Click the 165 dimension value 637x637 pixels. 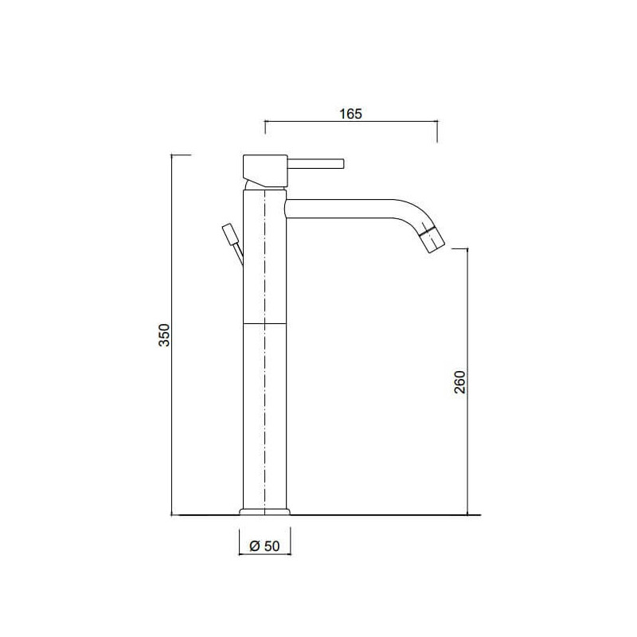point(350,114)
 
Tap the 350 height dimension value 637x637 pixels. point(164,334)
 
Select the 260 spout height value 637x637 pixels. point(459,382)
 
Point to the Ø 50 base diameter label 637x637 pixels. point(265,546)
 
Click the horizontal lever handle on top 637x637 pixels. point(316,163)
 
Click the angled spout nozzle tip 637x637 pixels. point(432,240)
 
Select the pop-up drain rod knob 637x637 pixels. point(229,234)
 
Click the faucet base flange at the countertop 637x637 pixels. point(265,512)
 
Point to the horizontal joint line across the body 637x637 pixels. point(265,324)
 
